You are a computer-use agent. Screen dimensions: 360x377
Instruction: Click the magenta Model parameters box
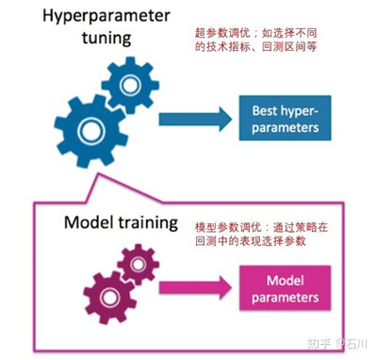coord(283,288)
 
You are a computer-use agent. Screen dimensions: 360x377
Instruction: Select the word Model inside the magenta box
coord(283,280)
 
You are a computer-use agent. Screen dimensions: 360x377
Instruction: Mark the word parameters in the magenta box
coord(283,297)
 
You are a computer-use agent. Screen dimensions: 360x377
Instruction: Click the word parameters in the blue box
coord(286,127)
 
